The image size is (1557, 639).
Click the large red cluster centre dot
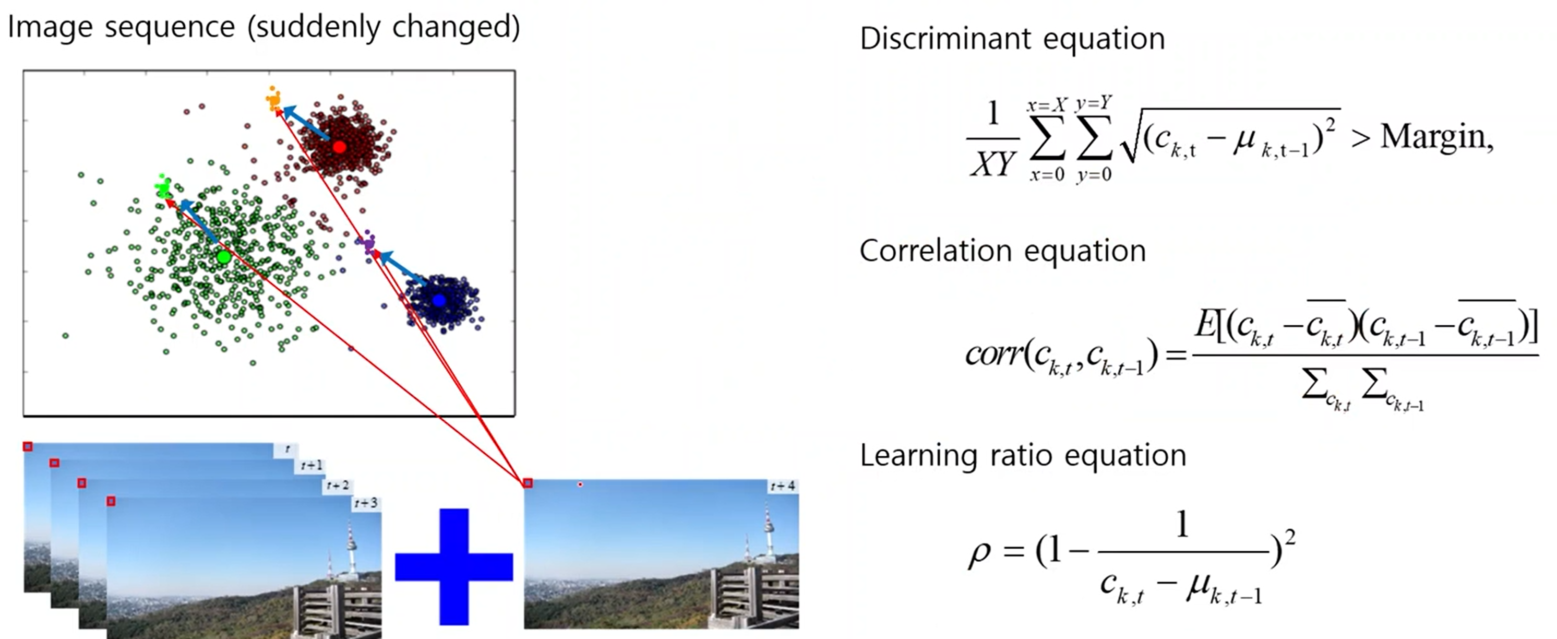pos(339,147)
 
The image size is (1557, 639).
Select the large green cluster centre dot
pos(224,257)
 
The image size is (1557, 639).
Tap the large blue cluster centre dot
pos(439,300)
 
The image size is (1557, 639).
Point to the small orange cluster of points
pos(273,99)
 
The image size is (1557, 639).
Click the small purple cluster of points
pos(368,244)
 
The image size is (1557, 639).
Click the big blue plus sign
pos(454,566)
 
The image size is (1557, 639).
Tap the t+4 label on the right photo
pos(782,486)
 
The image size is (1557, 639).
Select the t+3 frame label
pos(366,503)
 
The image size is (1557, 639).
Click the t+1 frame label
pos(312,466)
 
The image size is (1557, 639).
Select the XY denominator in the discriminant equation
pos(992,163)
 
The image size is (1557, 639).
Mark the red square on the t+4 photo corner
pos(528,483)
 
